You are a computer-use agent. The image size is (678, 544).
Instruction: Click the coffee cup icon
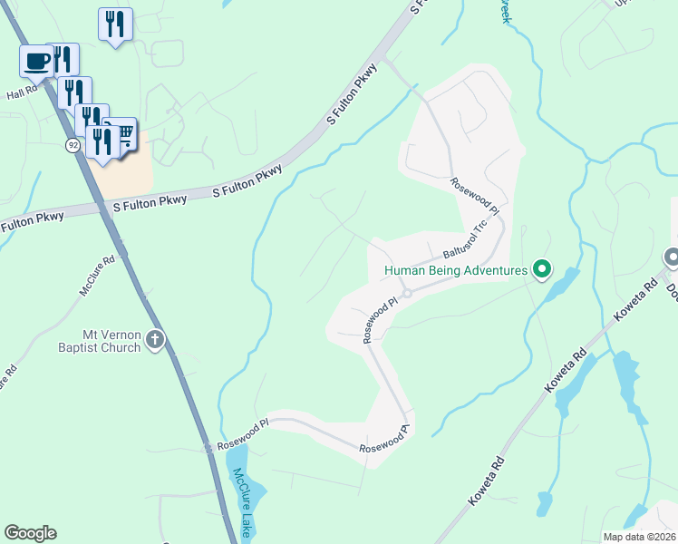click(37, 61)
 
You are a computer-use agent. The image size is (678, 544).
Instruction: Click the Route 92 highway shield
click(73, 145)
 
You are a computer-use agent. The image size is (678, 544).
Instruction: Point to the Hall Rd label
click(21, 92)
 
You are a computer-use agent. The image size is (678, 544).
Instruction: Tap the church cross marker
click(155, 340)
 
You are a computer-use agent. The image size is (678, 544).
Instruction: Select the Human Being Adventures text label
click(455, 270)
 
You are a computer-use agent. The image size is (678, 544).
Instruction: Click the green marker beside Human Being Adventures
click(542, 268)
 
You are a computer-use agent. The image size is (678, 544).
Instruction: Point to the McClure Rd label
click(97, 276)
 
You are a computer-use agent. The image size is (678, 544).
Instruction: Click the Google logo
click(30, 533)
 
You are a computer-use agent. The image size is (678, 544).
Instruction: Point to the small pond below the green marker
click(557, 287)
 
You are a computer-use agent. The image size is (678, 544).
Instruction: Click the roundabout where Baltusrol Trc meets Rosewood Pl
click(408, 293)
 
